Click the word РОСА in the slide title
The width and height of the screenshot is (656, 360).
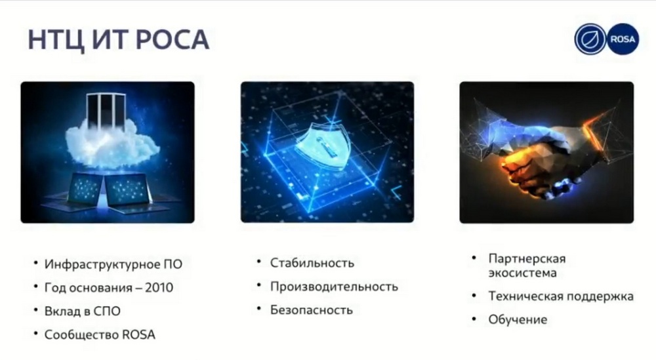click(x=172, y=40)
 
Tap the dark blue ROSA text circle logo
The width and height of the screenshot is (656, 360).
click(x=623, y=39)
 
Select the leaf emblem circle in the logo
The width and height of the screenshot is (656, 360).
click(x=590, y=39)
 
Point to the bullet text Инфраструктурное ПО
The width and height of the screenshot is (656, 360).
click(x=113, y=264)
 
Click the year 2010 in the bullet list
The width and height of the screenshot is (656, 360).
click(x=159, y=288)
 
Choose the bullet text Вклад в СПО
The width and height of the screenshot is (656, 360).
click(x=83, y=311)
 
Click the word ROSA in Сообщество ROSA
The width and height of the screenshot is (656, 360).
click(x=138, y=334)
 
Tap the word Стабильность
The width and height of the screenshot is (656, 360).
click(x=312, y=263)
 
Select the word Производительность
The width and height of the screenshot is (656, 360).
click(x=334, y=287)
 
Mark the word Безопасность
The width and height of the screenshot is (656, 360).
click(x=311, y=310)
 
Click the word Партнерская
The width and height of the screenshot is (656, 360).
click(x=527, y=259)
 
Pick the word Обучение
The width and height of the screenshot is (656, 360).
click(x=518, y=319)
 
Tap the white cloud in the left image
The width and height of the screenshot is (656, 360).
click(x=112, y=142)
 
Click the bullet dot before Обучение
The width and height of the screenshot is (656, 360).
click(x=474, y=319)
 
